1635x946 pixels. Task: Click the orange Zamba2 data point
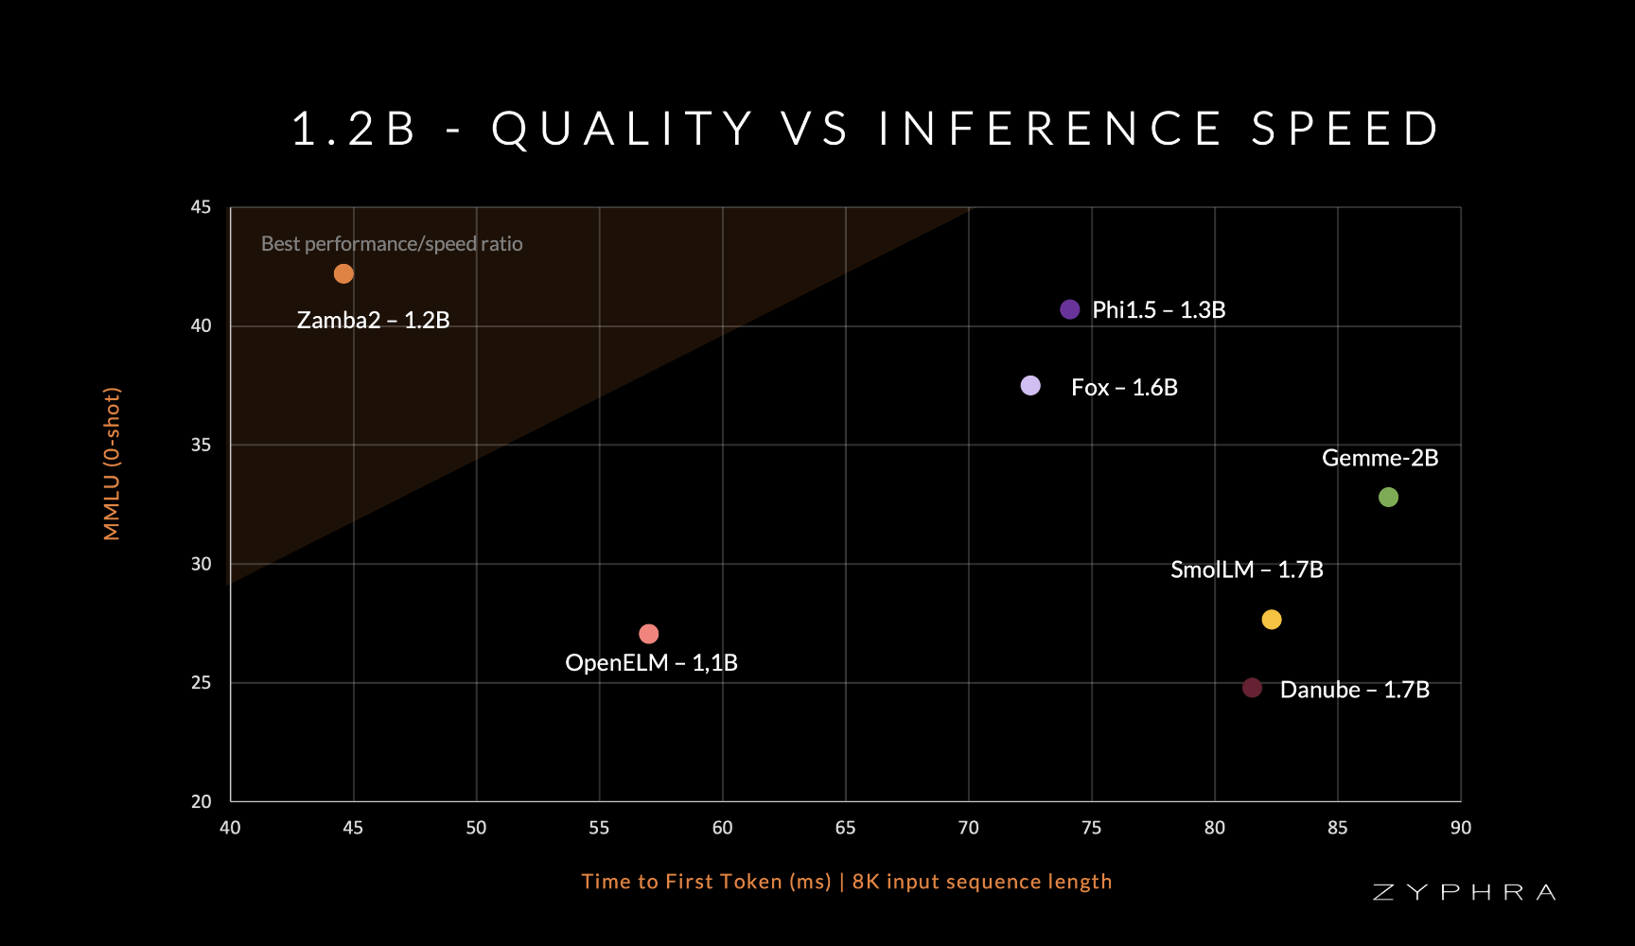click(x=343, y=273)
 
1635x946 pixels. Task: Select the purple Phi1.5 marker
click(x=1070, y=309)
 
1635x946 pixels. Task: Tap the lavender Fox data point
click(x=1030, y=385)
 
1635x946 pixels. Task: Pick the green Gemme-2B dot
click(x=1388, y=497)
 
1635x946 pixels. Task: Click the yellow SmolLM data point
click(x=1272, y=620)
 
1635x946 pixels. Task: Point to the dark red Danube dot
click(x=1252, y=688)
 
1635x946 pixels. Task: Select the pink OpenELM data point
click(x=648, y=634)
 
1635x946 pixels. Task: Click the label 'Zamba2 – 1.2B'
click(x=373, y=321)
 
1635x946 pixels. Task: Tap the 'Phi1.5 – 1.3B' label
click(x=1158, y=310)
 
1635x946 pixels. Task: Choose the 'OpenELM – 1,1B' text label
click(x=651, y=663)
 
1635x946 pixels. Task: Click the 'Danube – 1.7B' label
click(x=1354, y=690)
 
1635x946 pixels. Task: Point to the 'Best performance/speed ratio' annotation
click(x=392, y=244)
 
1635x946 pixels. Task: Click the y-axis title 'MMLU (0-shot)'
click(x=113, y=464)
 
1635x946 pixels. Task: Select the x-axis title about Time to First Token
click(x=847, y=882)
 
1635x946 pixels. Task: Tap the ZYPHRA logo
click(x=1464, y=892)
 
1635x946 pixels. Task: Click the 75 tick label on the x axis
click(x=1091, y=828)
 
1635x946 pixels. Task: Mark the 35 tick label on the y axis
click(x=201, y=445)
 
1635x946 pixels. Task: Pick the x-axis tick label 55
click(x=599, y=828)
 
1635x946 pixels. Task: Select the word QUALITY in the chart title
click(x=623, y=130)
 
